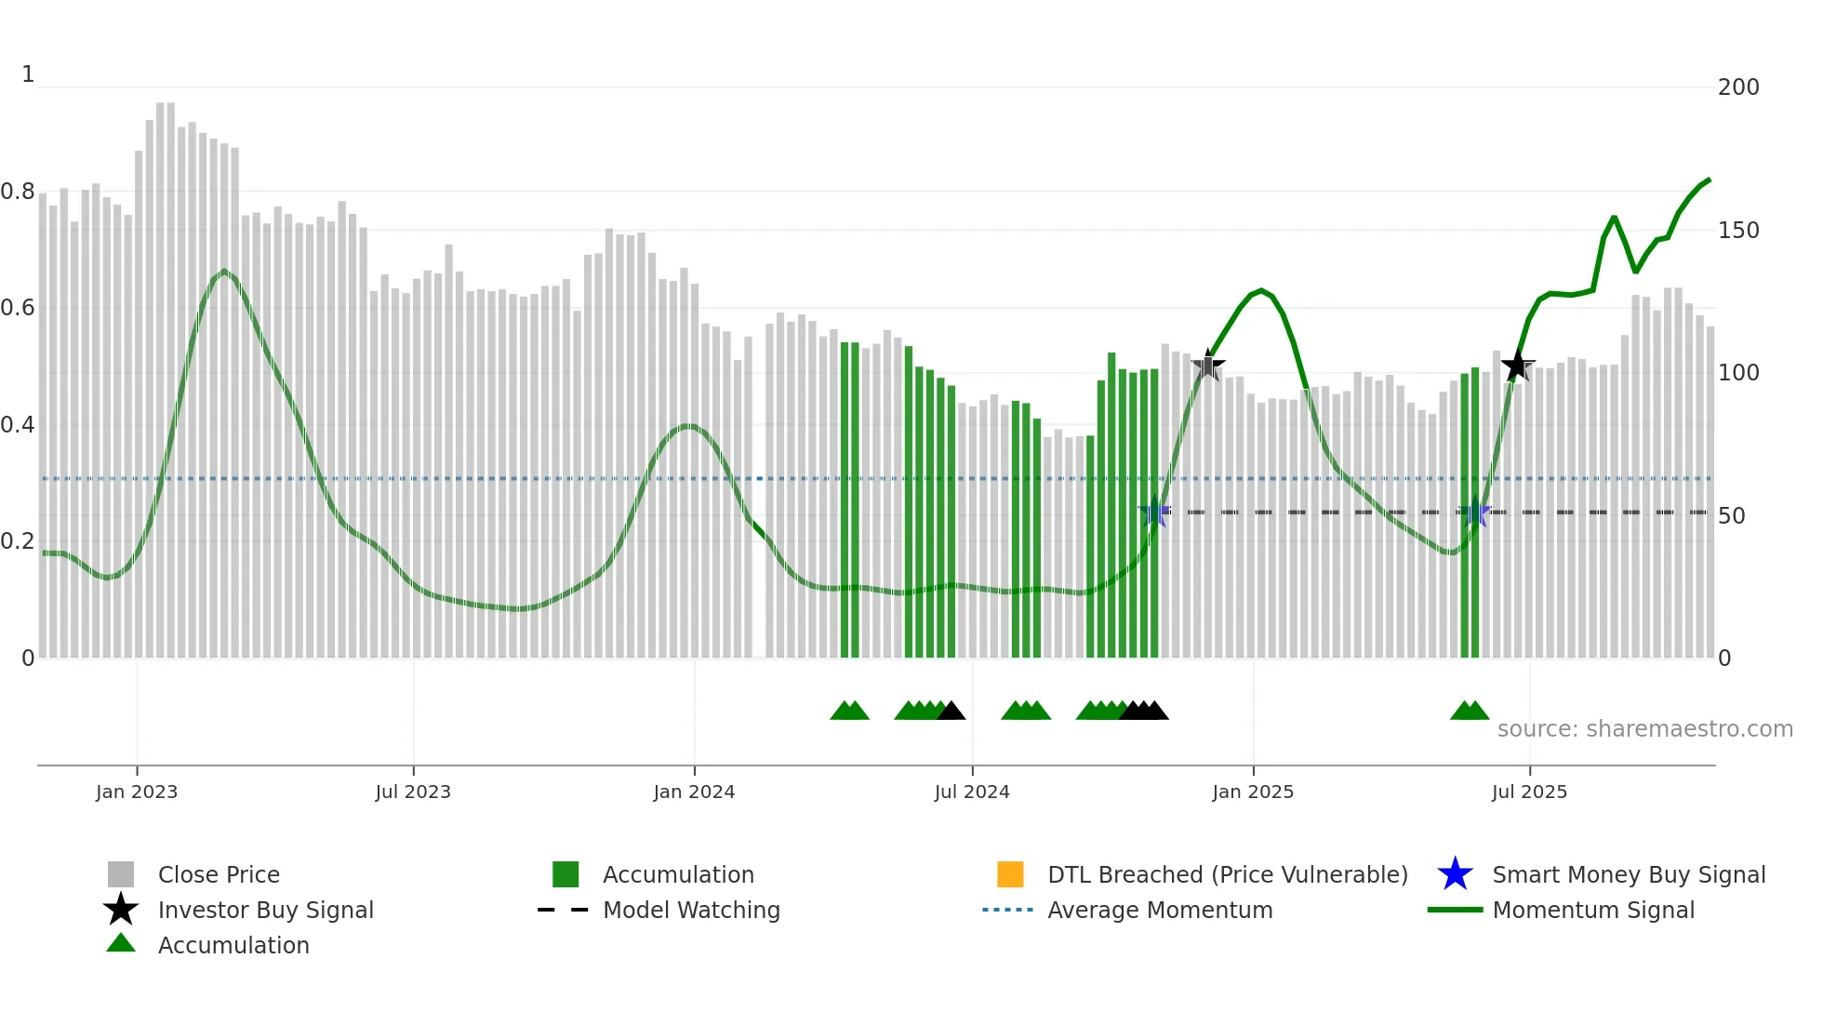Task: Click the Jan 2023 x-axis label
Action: coord(136,792)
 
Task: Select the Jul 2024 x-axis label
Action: coord(971,792)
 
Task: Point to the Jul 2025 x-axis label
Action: coord(1529,792)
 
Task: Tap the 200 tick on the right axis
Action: coord(1737,87)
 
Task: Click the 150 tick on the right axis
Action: coord(1737,231)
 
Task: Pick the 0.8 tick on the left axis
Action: coord(18,193)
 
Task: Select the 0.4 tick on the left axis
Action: coord(18,426)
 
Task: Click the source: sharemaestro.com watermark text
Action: coord(1644,729)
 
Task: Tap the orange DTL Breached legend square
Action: coord(1010,874)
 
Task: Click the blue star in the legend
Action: coord(1455,874)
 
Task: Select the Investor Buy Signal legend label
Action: coord(265,910)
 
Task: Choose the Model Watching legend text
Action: coord(691,910)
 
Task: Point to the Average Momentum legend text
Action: coord(1159,910)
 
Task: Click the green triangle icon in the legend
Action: coord(121,943)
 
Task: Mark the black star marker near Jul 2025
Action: coord(1518,366)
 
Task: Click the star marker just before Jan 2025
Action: coord(1208,366)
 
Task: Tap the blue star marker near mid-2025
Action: coord(1474,512)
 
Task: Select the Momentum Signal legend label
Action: coord(1592,910)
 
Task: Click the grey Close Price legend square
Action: coord(121,874)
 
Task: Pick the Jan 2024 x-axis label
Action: coord(694,792)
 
